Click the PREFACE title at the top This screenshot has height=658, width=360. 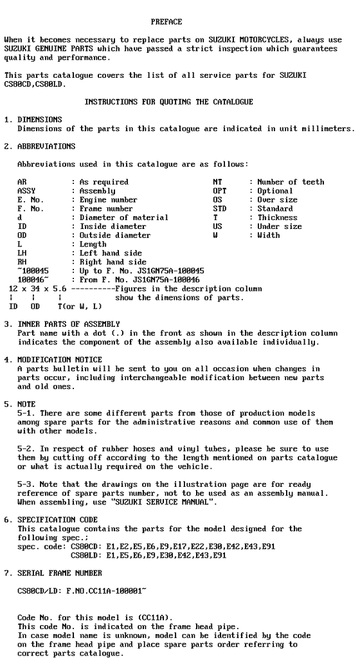pyautogui.click(x=166, y=22)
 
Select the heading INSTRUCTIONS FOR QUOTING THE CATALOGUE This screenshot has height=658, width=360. pyautogui.click(x=168, y=102)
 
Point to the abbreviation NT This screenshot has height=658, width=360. pyautogui.click(x=217, y=182)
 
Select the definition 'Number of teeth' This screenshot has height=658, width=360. pyautogui.click(x=291, y=182)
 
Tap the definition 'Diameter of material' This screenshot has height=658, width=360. pyautogui.click(x=123, y=217)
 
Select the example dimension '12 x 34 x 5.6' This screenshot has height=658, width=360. pyautogui.click(x=37, y=289)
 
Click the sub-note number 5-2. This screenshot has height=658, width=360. pyautogui.click(x=26, y=448)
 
